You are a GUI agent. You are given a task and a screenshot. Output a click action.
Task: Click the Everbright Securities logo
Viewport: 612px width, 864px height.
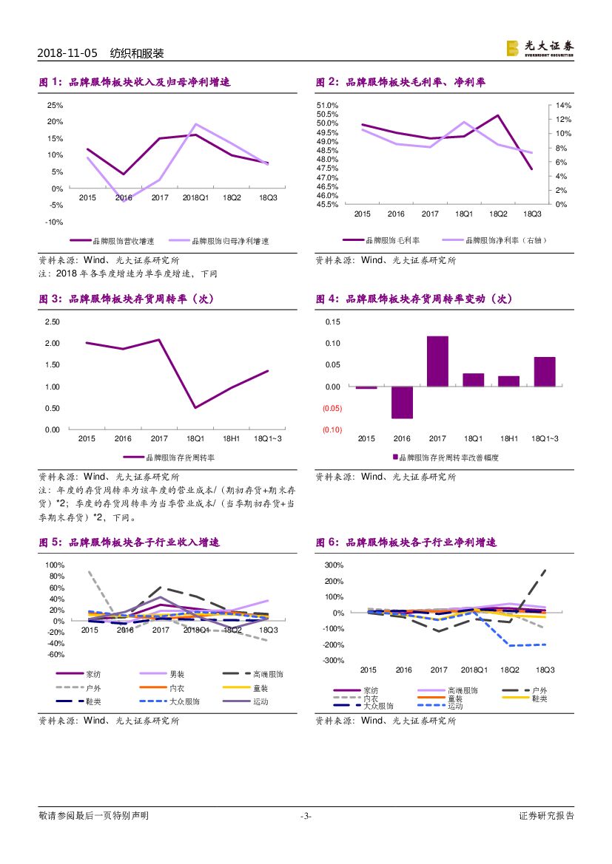(x=539, y=48)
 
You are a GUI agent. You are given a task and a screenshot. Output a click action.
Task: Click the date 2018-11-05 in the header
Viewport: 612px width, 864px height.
(x=67, y=54)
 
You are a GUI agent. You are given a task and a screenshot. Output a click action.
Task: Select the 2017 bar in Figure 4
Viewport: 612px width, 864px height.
(x=437, y=361)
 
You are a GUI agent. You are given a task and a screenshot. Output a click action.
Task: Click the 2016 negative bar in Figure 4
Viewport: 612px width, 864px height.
(x=402, y=403)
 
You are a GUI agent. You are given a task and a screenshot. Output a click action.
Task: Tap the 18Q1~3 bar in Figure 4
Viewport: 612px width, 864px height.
(x=545, y=372)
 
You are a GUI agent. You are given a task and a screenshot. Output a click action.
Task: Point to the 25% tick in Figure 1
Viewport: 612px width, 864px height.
(x=55, y=106)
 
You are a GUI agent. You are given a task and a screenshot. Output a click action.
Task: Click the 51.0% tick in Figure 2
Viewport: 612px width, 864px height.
(x=328, y=106)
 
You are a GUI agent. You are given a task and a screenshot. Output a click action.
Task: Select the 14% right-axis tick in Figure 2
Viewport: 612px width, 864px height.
(x=563, y=106)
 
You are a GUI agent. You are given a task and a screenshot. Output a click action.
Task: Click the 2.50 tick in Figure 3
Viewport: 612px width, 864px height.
(x=53, y=322)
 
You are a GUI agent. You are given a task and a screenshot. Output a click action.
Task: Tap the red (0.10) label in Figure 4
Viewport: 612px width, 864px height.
(x=332, y=430)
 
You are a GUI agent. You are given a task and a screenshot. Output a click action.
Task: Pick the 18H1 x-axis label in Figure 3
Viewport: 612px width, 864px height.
(x=232, y=439)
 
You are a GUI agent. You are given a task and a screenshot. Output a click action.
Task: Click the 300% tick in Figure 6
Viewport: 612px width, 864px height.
(x=335, y=565)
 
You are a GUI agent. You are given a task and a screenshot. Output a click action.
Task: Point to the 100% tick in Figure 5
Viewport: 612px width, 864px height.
(x=56, y=565)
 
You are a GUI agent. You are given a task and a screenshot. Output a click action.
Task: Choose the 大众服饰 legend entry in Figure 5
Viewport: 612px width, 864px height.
(x=184, y=701)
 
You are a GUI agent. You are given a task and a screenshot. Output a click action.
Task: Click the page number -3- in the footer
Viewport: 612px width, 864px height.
(x=306, y=816)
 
